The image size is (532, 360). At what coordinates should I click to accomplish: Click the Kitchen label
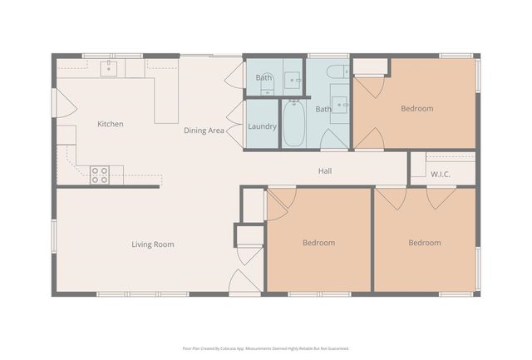point(111,124)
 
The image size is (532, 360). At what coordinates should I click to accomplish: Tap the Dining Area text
point(204,131)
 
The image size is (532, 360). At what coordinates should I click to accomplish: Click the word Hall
point(326,171)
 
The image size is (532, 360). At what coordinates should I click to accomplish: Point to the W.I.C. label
point(441,174)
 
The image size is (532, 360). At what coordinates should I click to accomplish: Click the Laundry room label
point(262,126)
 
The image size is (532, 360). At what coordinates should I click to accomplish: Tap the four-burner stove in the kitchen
point(100,175)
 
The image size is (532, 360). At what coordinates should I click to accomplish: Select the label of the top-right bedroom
point(416,108)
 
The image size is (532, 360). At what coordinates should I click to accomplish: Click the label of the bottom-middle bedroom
point(318,243)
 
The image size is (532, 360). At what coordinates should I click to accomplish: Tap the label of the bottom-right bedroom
point(424,243)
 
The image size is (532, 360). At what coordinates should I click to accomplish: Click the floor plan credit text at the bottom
point(266,348)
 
